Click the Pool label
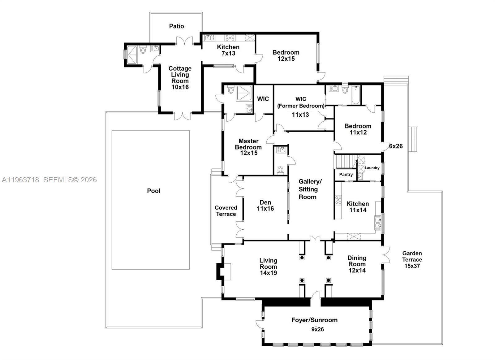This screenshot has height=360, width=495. pyautogui.click(x=153, y=191)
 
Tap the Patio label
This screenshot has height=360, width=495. pyautogui.click(x=176, y=26)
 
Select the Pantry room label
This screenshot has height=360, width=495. pyautogui.click(x=346, y=175)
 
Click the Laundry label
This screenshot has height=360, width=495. pyautogui.click(x=372, y=168)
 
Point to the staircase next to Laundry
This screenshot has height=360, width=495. pyautogui.click(x=345, y=161)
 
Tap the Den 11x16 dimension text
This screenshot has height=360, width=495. pyautogui.click(x=265, y=209)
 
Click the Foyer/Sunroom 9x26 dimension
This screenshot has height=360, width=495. pyautogui.click(x=317, y=329)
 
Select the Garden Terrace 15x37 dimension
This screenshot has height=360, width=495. pyautogui.click(x=412, y=266)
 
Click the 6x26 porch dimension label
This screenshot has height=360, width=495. pyautogui.click(x=396, y=146)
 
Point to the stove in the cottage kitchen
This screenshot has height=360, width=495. pyautogui.click(x=230, y=38)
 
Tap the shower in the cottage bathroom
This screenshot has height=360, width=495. pyautogui.click(x=132, y=54)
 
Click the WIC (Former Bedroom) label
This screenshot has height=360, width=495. pyautogui.click(x=301, y=102)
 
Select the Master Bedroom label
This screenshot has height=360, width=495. pyautogui.click(x=248, y=144)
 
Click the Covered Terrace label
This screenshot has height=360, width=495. pyautogui.click(x=226, y=211)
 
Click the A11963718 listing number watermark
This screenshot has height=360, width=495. pyautogui.click(x=20, y=180)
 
